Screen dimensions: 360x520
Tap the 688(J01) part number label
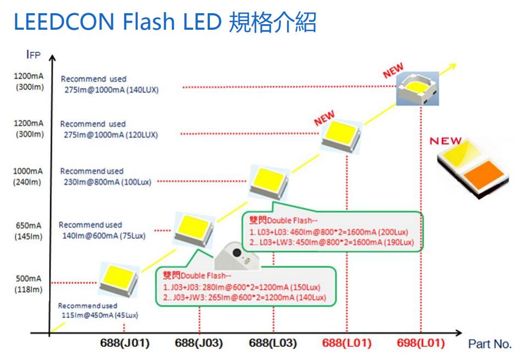coord(124,343)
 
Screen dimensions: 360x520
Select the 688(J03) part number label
coord(198,343)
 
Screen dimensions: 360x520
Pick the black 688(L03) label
coord(273,343)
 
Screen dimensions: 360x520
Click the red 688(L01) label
coord(346,343)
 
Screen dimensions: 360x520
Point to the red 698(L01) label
coord(421,343)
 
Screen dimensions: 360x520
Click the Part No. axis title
coord(490,344)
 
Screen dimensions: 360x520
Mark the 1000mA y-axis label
coord(28,171)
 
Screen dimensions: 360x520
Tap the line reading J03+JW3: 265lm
coord(245,298)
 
